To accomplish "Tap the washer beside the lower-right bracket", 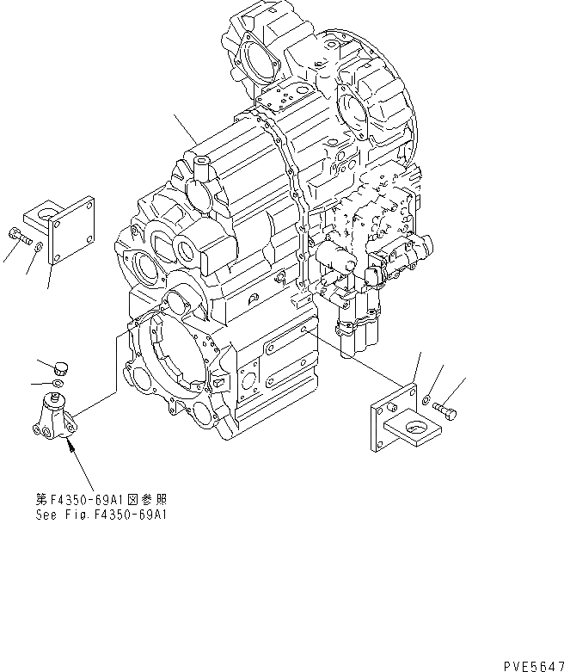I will click(x=427, y=398).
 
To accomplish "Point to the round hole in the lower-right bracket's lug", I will click(x=416, y=428).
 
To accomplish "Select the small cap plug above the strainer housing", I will click(x=61, y=367).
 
